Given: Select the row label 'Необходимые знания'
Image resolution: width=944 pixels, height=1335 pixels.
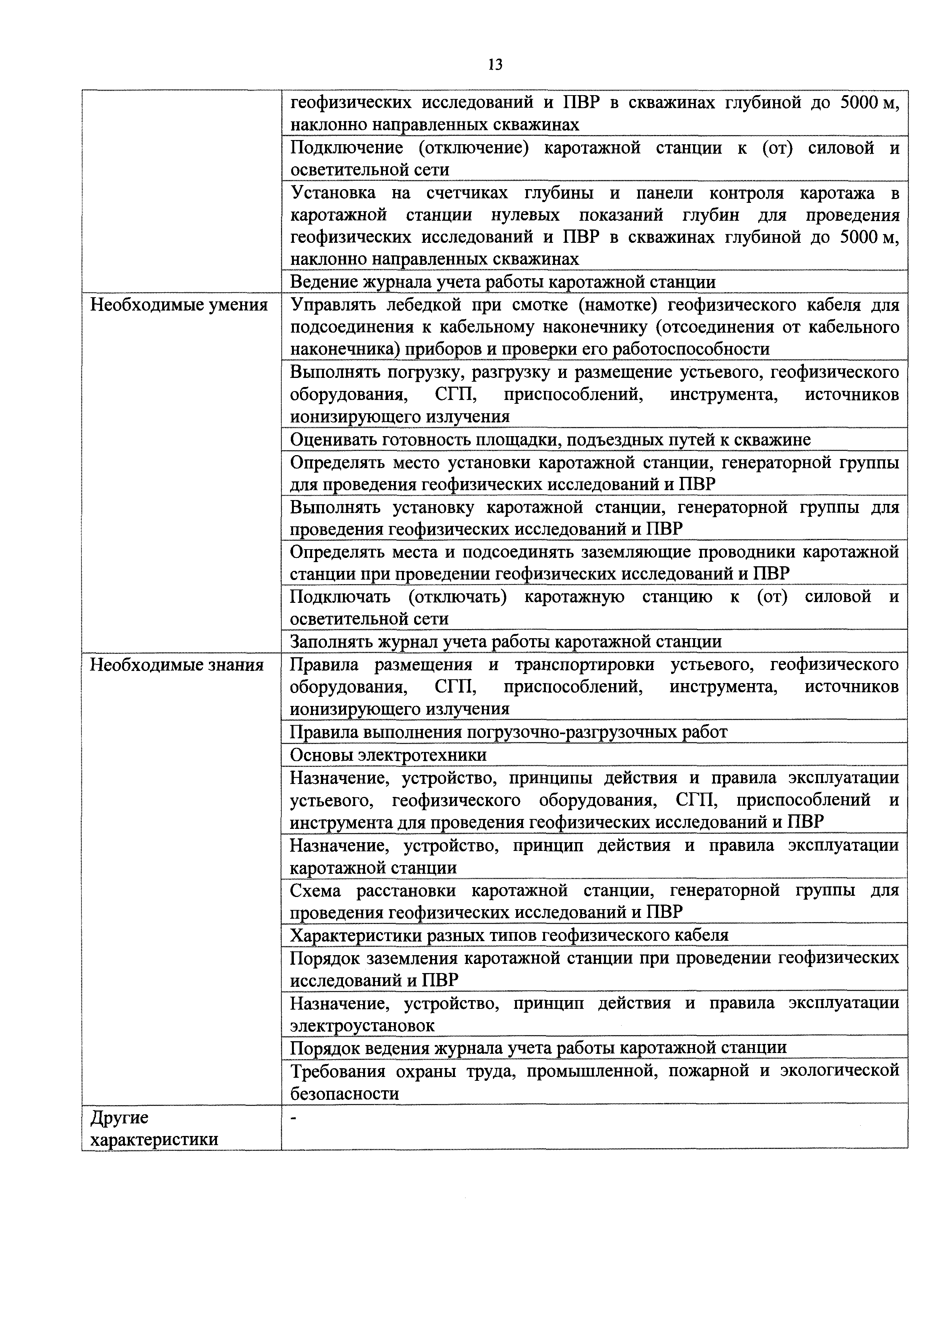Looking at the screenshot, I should pyautogui.click(x=176, y=664).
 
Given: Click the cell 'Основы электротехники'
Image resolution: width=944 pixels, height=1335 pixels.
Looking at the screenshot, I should pyautogui.click(x=388, y=755).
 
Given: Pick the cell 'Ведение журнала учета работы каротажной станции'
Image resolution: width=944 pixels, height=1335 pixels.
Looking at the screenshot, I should pyautogui.click(x=502, y=282).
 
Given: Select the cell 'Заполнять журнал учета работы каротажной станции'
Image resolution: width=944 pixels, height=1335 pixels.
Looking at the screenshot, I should pyautogui.click(x=505, y=641).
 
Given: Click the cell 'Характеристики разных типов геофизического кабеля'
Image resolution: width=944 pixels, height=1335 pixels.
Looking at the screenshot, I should pyautogui.click(x=509, y=935).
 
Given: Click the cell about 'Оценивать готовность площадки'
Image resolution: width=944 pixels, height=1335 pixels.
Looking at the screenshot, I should pyautogui.click(x=550, y=440).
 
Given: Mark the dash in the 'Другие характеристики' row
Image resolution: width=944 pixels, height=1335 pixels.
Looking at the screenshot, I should pyautogui.click(x=294, y=1118).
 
